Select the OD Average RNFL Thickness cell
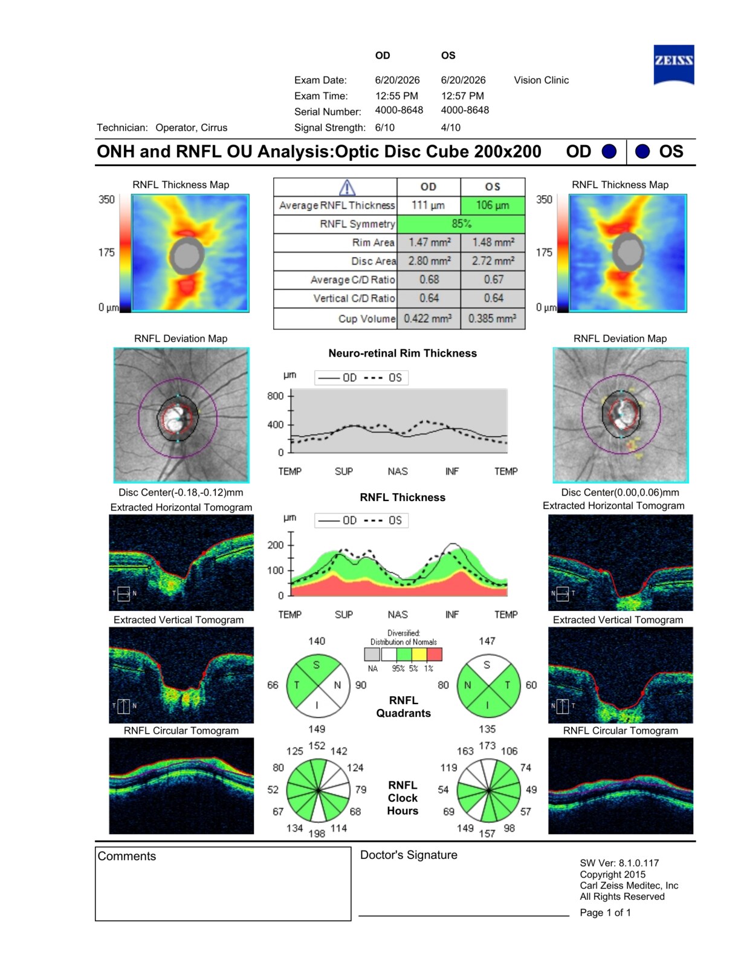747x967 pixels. tap(428, 205)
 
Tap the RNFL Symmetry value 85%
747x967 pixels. tap(461, 224)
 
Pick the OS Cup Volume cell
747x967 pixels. tap(493, 319)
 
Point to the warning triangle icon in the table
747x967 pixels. tap(347, 187)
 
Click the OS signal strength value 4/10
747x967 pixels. tap(451, 128)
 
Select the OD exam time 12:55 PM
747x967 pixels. tap(396, 95)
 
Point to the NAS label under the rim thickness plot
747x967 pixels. tap(397, 471)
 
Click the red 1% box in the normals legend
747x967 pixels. tap(434, 654)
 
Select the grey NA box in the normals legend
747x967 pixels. tap(372, 654)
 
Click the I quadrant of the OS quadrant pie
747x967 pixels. tap(488, 703)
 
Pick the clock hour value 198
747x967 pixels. tap(317, 833)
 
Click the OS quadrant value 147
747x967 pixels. tap(487, 641)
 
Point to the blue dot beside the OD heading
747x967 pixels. tap(609, 151)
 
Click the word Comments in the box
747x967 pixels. tap(127, 856)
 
